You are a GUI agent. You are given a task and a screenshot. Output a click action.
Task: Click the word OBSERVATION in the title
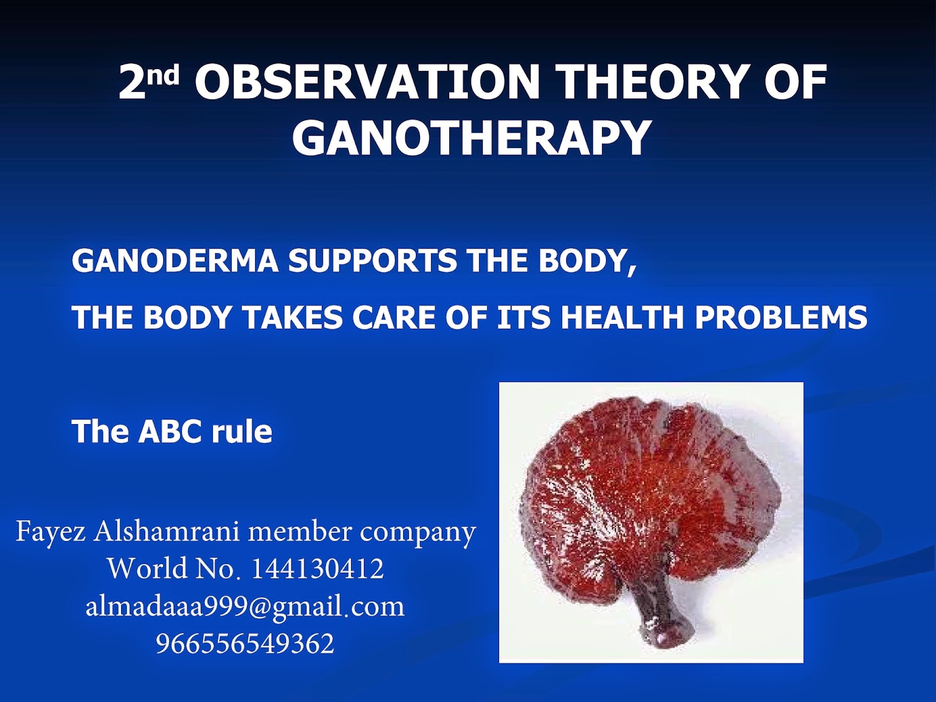click(367, 82)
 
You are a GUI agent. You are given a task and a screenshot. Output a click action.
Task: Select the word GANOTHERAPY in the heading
click(472, 138)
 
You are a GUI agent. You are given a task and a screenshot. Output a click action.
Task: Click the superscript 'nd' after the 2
click(166, 75)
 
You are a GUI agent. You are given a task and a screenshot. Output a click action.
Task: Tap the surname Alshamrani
click(166, 531)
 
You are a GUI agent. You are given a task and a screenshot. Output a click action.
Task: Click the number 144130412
click(318, 569)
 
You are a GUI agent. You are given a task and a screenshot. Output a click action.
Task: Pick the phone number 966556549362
click(245, 643)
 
